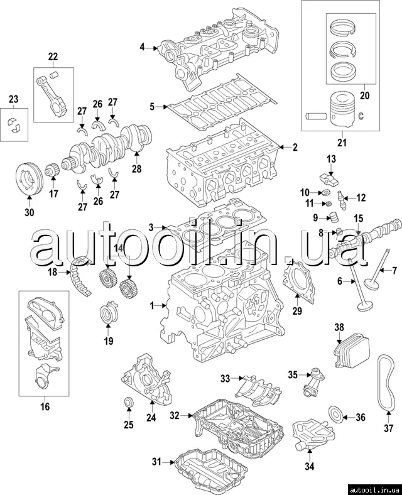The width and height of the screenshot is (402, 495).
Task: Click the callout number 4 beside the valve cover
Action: (142, 47)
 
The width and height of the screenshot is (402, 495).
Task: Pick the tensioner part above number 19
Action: (109, 313)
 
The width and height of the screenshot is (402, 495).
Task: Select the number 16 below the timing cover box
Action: (45, 406)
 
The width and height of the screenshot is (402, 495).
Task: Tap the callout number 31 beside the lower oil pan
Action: (156, 462)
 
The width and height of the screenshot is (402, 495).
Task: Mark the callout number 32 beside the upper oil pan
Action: (175, 415)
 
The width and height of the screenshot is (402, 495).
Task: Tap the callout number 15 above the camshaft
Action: (358, 218)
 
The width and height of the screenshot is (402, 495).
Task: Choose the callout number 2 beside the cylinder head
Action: (295, 148)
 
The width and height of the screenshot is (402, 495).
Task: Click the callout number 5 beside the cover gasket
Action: (151, 107)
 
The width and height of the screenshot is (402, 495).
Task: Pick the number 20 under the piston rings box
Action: (364, 95)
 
